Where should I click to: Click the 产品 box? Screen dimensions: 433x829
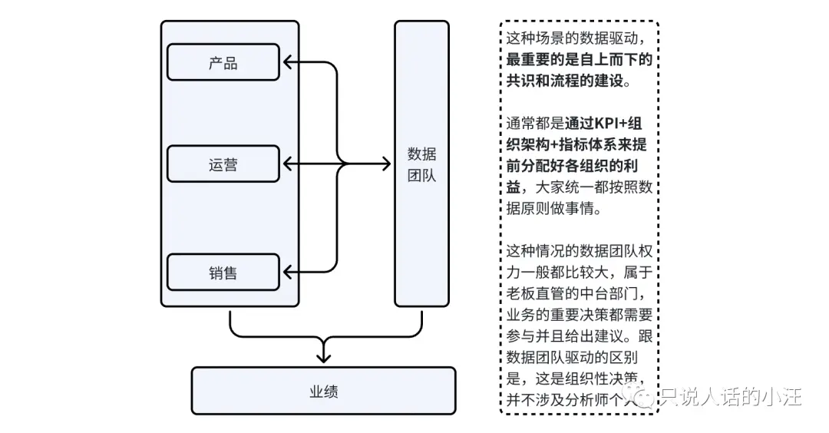click(x=223, y=62)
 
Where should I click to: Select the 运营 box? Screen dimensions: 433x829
click(x=223, y=164)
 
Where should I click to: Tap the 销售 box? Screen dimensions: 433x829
click(x=223, y=272)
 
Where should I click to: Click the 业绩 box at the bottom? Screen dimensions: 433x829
click(x=323, y=391)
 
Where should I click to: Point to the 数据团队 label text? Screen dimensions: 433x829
click(x=421, y=164)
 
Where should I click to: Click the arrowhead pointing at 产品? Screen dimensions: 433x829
click(x=288, y=62)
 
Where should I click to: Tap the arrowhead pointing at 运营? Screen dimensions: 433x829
click(x=288, y=164)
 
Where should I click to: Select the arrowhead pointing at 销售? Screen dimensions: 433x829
click(x=288, y=272)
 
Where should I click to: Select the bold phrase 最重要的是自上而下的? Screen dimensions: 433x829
click(x=580, y=58)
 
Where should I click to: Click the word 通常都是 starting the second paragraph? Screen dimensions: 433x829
click(x=535, y=122)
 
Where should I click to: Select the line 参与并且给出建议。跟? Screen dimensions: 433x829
click(x=580, y=335)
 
